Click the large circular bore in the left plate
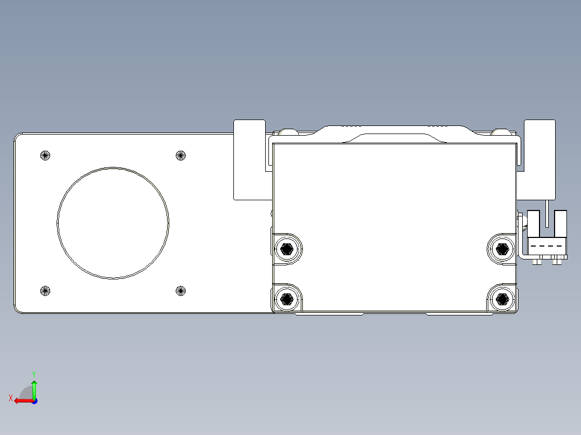click(x=113, y=223)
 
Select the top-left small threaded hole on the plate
click(x=45, y=156)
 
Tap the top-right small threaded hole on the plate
click(x=181, y=156)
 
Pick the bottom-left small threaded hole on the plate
click(x=45, y=291)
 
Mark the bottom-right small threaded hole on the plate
click(x=181, y=291)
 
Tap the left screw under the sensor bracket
click(x=537, y=262)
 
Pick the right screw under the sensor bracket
click(x=557, y=262)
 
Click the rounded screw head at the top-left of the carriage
click(x=287, y=131)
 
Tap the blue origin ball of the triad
click(x=34, y=401)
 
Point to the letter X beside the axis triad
click(x=10, y=398)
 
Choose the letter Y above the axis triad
click(x=33, y=374)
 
